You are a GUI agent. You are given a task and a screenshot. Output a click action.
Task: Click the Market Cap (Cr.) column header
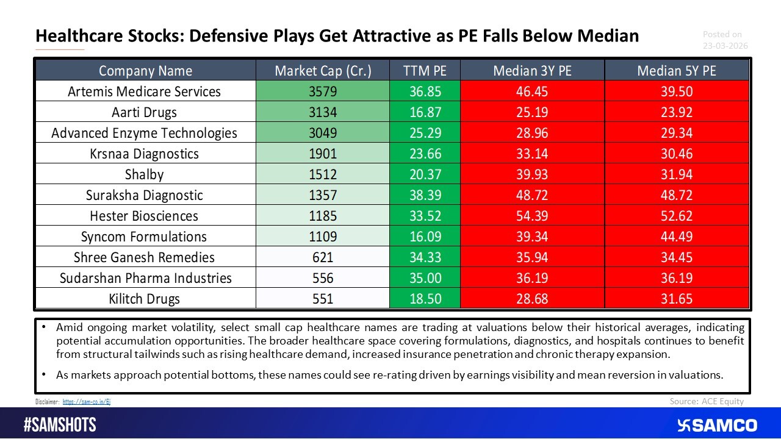323,71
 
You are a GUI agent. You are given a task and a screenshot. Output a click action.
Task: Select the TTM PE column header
425,71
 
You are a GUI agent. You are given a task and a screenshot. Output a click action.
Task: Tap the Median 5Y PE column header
677,71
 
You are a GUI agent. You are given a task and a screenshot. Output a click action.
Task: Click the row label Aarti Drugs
144,112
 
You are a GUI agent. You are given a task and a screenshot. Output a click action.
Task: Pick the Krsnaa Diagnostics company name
144,154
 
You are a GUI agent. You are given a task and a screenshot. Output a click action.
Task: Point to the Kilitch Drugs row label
144,299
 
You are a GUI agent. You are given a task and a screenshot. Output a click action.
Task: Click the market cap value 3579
323,91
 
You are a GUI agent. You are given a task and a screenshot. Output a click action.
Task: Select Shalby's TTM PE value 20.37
425,174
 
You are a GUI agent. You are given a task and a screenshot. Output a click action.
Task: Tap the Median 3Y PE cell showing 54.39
533,216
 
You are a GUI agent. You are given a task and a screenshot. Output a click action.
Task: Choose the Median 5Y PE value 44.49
677,237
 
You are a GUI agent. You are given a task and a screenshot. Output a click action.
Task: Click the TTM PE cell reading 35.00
425,278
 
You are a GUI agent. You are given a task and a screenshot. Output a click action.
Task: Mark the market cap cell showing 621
323,257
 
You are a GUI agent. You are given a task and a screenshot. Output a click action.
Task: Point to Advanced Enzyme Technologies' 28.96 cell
533,133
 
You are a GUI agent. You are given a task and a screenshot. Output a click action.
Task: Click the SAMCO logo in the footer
717,425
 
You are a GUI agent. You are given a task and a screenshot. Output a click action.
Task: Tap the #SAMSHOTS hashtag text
60,425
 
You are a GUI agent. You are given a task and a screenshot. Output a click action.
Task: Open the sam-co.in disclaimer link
87,402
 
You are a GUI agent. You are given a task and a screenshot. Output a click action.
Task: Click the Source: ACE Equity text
707,401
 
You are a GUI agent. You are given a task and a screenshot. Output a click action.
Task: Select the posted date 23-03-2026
724,46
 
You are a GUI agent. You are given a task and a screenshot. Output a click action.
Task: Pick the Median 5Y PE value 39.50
677,91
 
